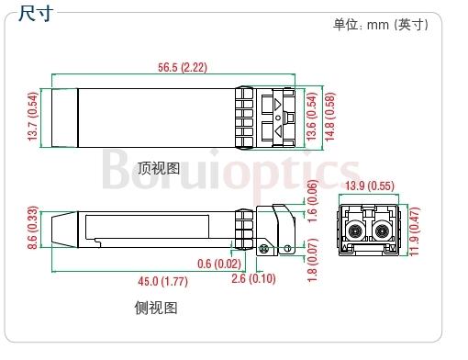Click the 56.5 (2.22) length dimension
(x=183, y=67)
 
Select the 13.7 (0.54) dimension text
(x=33, y=117)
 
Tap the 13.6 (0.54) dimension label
(x=311, y=117)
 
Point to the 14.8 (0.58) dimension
(x=329, y=117)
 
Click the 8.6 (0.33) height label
(x=33, y=228)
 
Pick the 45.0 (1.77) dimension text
(x=163, y=281)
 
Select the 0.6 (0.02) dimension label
(x=219, y=264)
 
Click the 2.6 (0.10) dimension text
(x=253, y=279)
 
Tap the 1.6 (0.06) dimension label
(x=312, y=201)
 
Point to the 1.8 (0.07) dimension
(x=312, y=260)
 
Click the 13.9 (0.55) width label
(x=370, y=186)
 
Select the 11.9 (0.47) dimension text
(x=414, y=231)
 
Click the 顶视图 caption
(x=159, y=168)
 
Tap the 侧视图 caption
(x=156, y=308)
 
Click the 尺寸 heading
(x=36, y=13)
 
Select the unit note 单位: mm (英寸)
(x=381, y=25)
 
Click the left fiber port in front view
(x=355, y=231)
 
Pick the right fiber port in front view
(x=382, y=231)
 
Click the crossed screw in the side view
(x=263, y=249)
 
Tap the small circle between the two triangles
(x=278, y=118)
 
